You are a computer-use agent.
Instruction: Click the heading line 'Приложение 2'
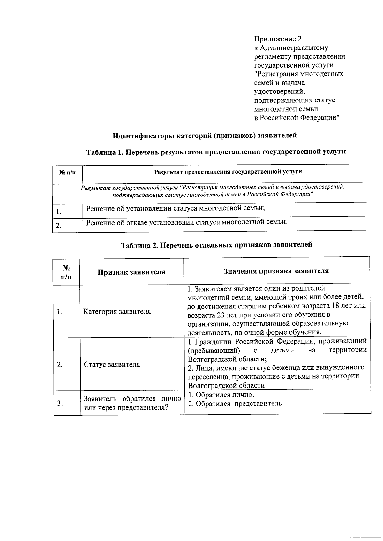[277, 39]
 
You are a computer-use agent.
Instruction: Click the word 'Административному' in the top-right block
[294, 48]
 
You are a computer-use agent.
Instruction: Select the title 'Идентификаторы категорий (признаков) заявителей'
[205, 136]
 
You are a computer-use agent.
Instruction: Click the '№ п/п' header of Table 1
[67, 173]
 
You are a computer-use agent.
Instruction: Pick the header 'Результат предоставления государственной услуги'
[228, 172]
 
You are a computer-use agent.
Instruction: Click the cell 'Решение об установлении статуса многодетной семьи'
[175, 209]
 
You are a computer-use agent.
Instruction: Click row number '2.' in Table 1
[58, 226]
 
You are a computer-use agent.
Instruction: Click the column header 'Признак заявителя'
[131, 272]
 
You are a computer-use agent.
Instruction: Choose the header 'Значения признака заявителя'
[276, 271]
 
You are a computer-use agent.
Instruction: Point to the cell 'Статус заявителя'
[112, 365]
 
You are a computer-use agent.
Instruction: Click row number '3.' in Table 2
[60, 404]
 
